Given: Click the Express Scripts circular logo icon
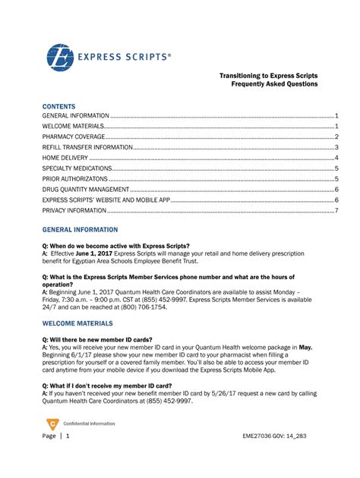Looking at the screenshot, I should tap(61, 58).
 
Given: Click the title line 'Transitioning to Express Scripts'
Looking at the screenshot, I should tap(268, 77).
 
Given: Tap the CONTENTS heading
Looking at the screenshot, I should tap(58, 106).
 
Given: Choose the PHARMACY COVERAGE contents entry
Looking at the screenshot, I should tap(72, 137).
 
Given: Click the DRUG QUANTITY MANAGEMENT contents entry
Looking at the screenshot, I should tap(86, 189).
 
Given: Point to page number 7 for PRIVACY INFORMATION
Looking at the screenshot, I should tap(336, 210).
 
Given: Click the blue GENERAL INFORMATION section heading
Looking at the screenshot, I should tap(80, 228).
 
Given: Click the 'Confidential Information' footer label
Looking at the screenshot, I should tap(88, 423).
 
